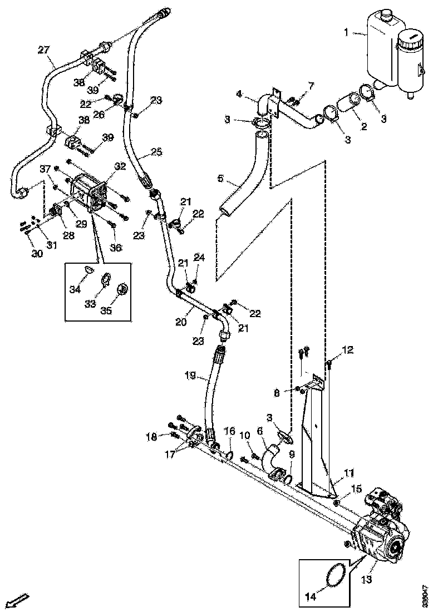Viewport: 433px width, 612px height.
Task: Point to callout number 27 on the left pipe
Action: (x=43, y=50)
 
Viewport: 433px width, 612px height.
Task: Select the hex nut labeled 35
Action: (x=123, y=290)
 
